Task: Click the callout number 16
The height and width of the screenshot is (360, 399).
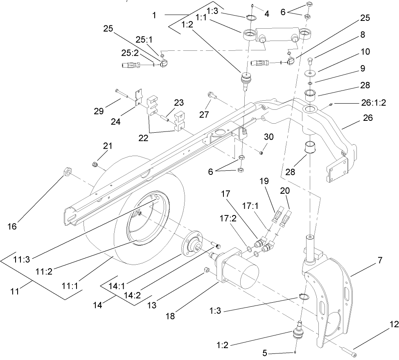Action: pyautogui.click(x=12, y=226)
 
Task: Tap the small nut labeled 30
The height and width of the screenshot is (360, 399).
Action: pyautogui.click(x=261, y=153)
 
